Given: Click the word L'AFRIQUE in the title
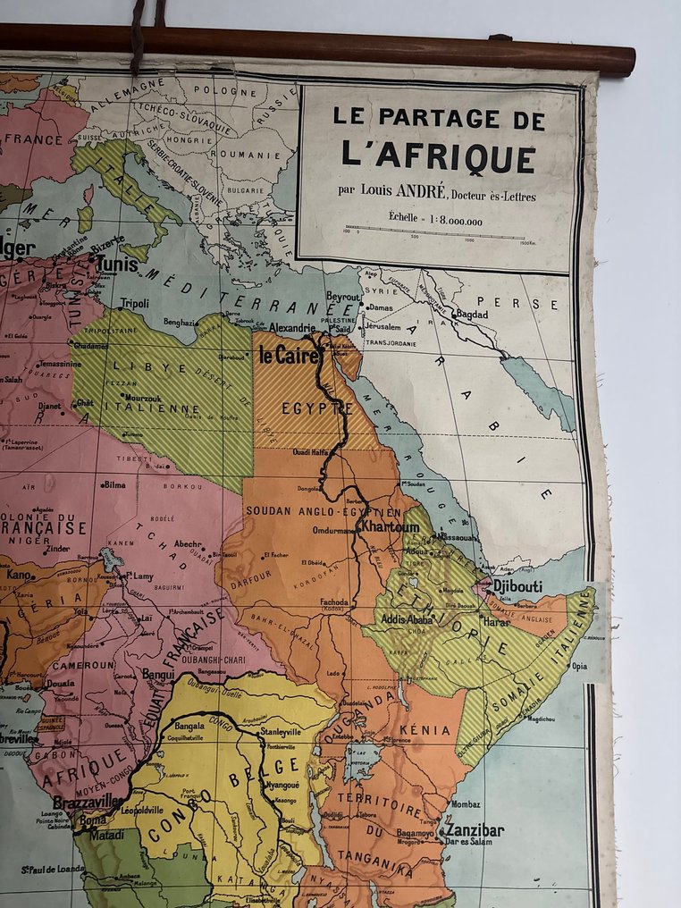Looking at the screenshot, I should (439, 156).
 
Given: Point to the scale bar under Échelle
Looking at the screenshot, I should (438, 231).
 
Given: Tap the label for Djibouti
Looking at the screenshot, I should (517, 586).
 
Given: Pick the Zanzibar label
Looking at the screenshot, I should (473, 830).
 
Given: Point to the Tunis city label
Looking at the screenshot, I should (118, 264).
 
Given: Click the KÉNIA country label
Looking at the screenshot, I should (431, 730).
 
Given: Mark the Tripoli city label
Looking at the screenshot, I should (135, 303).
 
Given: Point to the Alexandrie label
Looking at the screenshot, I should (291, 327).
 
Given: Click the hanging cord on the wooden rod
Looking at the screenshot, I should (138, 36).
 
